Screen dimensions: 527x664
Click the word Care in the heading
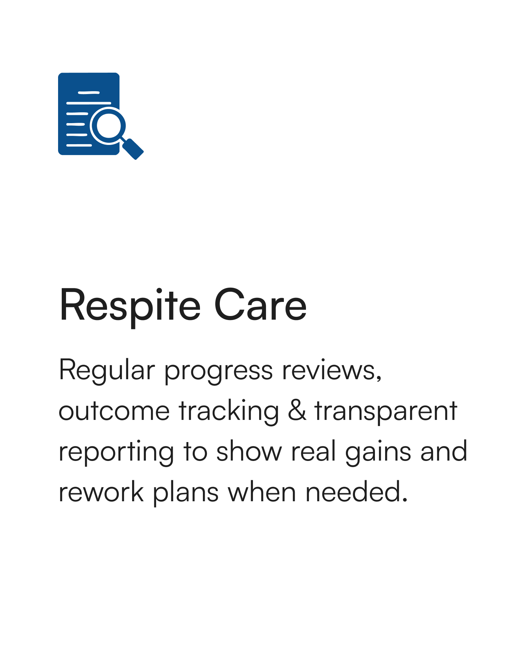pyautogui.click(x=261, y=305)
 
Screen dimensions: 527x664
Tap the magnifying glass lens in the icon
pyautogui.click(x=108, y=125)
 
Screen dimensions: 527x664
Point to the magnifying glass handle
pyautogui.click(x=133, y=148)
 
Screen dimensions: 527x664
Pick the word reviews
pyautogui.click(x=332, y=371)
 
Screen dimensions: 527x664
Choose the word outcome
pyautogui.click(x=114, y=412)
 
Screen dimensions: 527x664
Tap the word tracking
pyautogui.click(x=229, y=412)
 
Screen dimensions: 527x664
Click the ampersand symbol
pyautogui.click(x=297, y=410)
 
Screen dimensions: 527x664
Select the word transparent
pyautogui.click(x=386, y=412)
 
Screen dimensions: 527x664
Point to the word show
pyautogui.click(x=249, y=451)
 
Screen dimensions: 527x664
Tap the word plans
pyautogui.click(x=185, y=493)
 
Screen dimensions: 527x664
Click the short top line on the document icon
pyautogui.click(x=89, y=93)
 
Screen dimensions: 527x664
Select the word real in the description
pyautogui.click(x=313, y=451)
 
